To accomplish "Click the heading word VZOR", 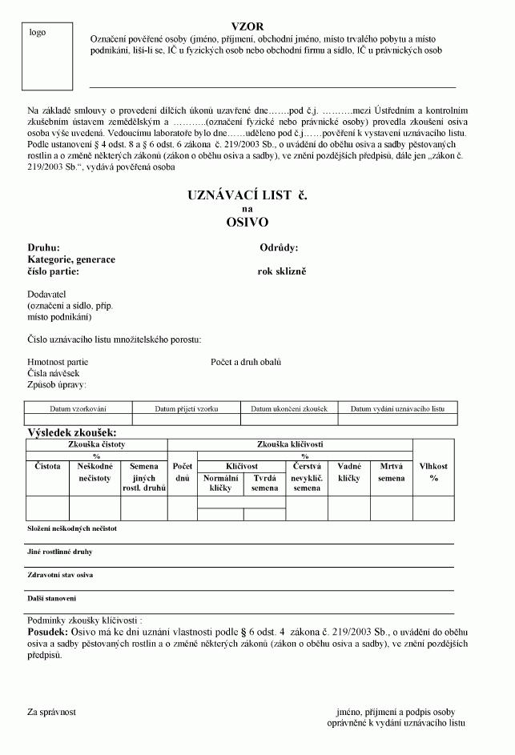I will (x=247, y=26).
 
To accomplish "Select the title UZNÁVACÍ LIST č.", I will (x=247, y=195).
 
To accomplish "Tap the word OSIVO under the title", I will (x=247, y=222).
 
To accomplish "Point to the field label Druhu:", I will (x=43, y=248).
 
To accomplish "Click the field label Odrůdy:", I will (x=279, y=248).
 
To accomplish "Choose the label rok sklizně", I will (x=282, y=271).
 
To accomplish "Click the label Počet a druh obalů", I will (x=246, y=362).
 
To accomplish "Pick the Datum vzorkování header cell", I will (x=78, y=408).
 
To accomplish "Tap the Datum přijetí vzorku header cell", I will (x=187, y=408).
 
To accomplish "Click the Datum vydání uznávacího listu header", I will (x=397, y=408).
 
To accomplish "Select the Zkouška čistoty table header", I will (x=97, y=444).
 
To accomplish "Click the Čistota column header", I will (x=47, y=466).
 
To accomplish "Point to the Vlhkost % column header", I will (x=434, y=472).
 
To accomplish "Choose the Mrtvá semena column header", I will (x=392, y=472).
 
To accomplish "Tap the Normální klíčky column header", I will (x=221, y=482).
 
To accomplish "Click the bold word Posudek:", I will (x=48, y=632).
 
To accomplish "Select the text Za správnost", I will (x=52, y=711).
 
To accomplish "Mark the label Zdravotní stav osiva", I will (x=60, y=575).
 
